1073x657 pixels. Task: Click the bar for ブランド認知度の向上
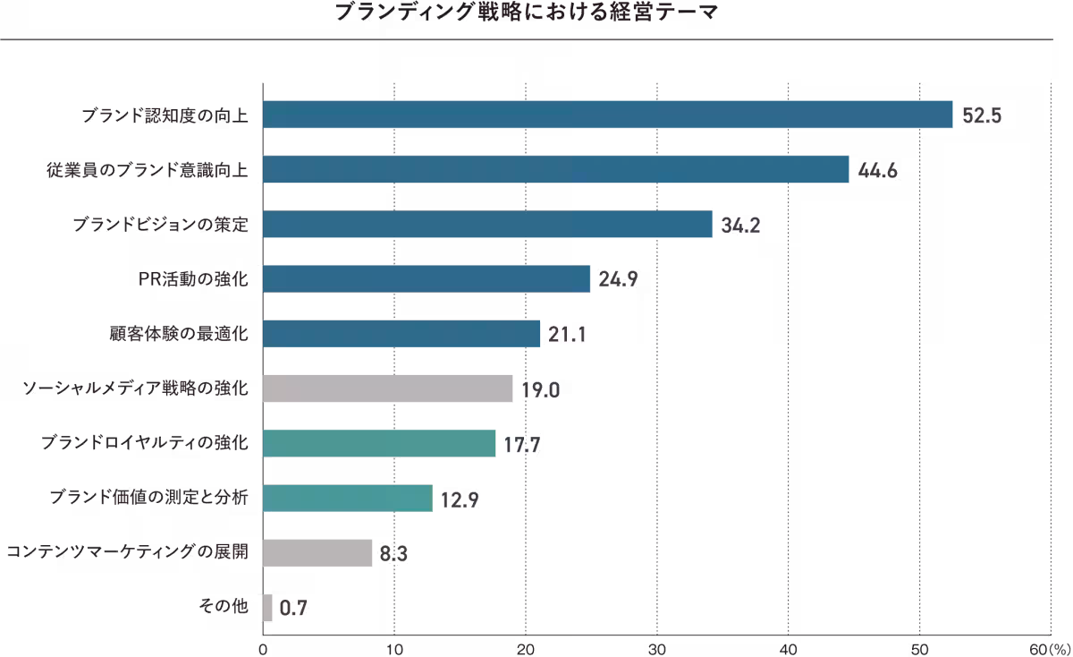608,115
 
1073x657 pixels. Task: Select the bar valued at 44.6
556,169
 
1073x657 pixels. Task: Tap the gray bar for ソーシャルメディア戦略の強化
388,388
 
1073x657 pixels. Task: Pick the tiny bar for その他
267,608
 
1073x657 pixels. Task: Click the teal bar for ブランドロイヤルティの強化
380,443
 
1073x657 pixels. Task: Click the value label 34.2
740,225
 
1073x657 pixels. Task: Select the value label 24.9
618,279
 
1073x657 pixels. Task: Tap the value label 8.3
393,553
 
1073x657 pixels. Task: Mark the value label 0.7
294,609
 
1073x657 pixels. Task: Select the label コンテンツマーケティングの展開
128,553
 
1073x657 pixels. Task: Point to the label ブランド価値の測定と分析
148,499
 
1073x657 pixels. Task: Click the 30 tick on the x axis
657,648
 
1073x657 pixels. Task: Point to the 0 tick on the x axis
263,648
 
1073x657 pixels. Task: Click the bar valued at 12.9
348,499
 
